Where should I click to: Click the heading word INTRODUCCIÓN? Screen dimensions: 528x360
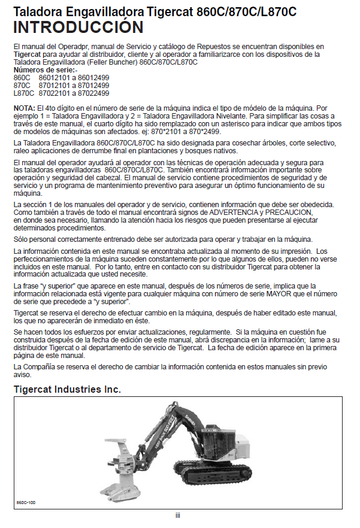coord(78,28)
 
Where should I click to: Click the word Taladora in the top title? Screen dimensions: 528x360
coord(40,11)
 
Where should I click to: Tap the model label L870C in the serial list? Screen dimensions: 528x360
coord(23,93)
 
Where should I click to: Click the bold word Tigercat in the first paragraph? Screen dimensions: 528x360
coord(26,54)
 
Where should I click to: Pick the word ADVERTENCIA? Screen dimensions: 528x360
coord(236,212)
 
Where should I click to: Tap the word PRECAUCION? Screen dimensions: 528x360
coord(290,212)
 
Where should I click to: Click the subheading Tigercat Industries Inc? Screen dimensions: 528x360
coord(67,390)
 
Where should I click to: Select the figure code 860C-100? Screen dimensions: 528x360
coord(27,502)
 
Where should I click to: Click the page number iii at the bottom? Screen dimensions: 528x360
coord(178,515)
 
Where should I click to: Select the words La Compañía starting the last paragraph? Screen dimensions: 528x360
coord(35,366)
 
